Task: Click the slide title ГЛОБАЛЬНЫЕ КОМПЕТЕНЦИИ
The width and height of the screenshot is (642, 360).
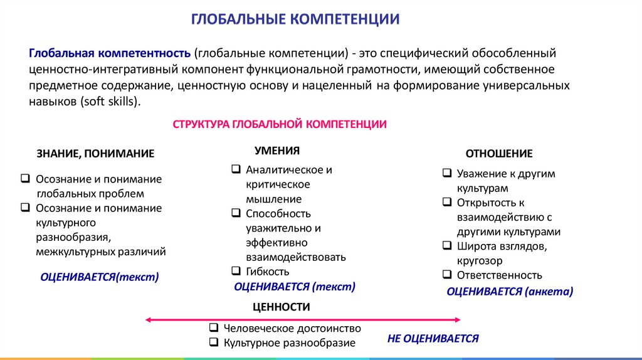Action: tap(295, 18)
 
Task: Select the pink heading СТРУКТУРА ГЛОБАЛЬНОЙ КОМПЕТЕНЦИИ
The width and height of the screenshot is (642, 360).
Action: tap(280, 124)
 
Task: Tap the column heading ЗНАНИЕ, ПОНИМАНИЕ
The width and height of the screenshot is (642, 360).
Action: tap(95, 154)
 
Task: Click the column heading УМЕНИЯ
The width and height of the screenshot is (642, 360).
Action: tap(277, 151)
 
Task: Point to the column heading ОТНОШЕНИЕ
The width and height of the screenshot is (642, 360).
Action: tap(498, 154)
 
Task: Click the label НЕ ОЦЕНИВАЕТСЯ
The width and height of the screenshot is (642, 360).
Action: tap(433, 339)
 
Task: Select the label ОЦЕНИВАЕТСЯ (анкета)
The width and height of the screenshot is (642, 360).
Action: tap(510, 291)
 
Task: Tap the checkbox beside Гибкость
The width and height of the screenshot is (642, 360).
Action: tap(236, 271)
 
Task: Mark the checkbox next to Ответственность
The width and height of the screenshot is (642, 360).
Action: tap(446, 274)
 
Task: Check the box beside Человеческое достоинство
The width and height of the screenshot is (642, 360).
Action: tap(213, 328)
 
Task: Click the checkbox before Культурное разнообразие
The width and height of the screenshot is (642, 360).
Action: tap(213, 342)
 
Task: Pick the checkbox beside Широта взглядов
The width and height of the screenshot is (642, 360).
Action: tap(446, 245)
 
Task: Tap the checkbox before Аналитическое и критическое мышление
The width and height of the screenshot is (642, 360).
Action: tap(236, 169)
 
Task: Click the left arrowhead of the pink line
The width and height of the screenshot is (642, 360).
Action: tap(148, 319)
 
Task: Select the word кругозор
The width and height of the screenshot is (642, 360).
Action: tap(480, 260)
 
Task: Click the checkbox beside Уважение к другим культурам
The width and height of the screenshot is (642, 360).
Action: tap(446, 173)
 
